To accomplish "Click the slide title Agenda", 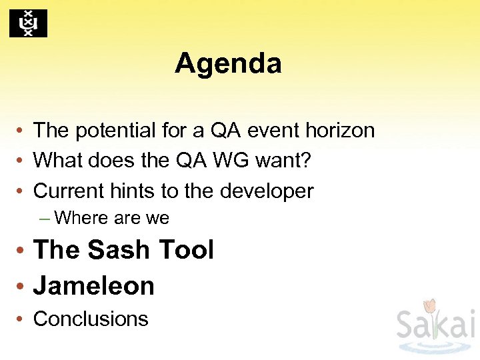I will tap(228, 64).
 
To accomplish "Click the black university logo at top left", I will tap(28, 23).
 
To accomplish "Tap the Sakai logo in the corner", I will tap(435, 325).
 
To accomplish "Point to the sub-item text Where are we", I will tap(111, 218).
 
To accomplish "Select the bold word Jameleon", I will tap(94, 285).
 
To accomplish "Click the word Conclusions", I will tap(91, 319).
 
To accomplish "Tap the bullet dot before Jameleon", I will tap(22, 287).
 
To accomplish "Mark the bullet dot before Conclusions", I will tap(22, 319).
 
